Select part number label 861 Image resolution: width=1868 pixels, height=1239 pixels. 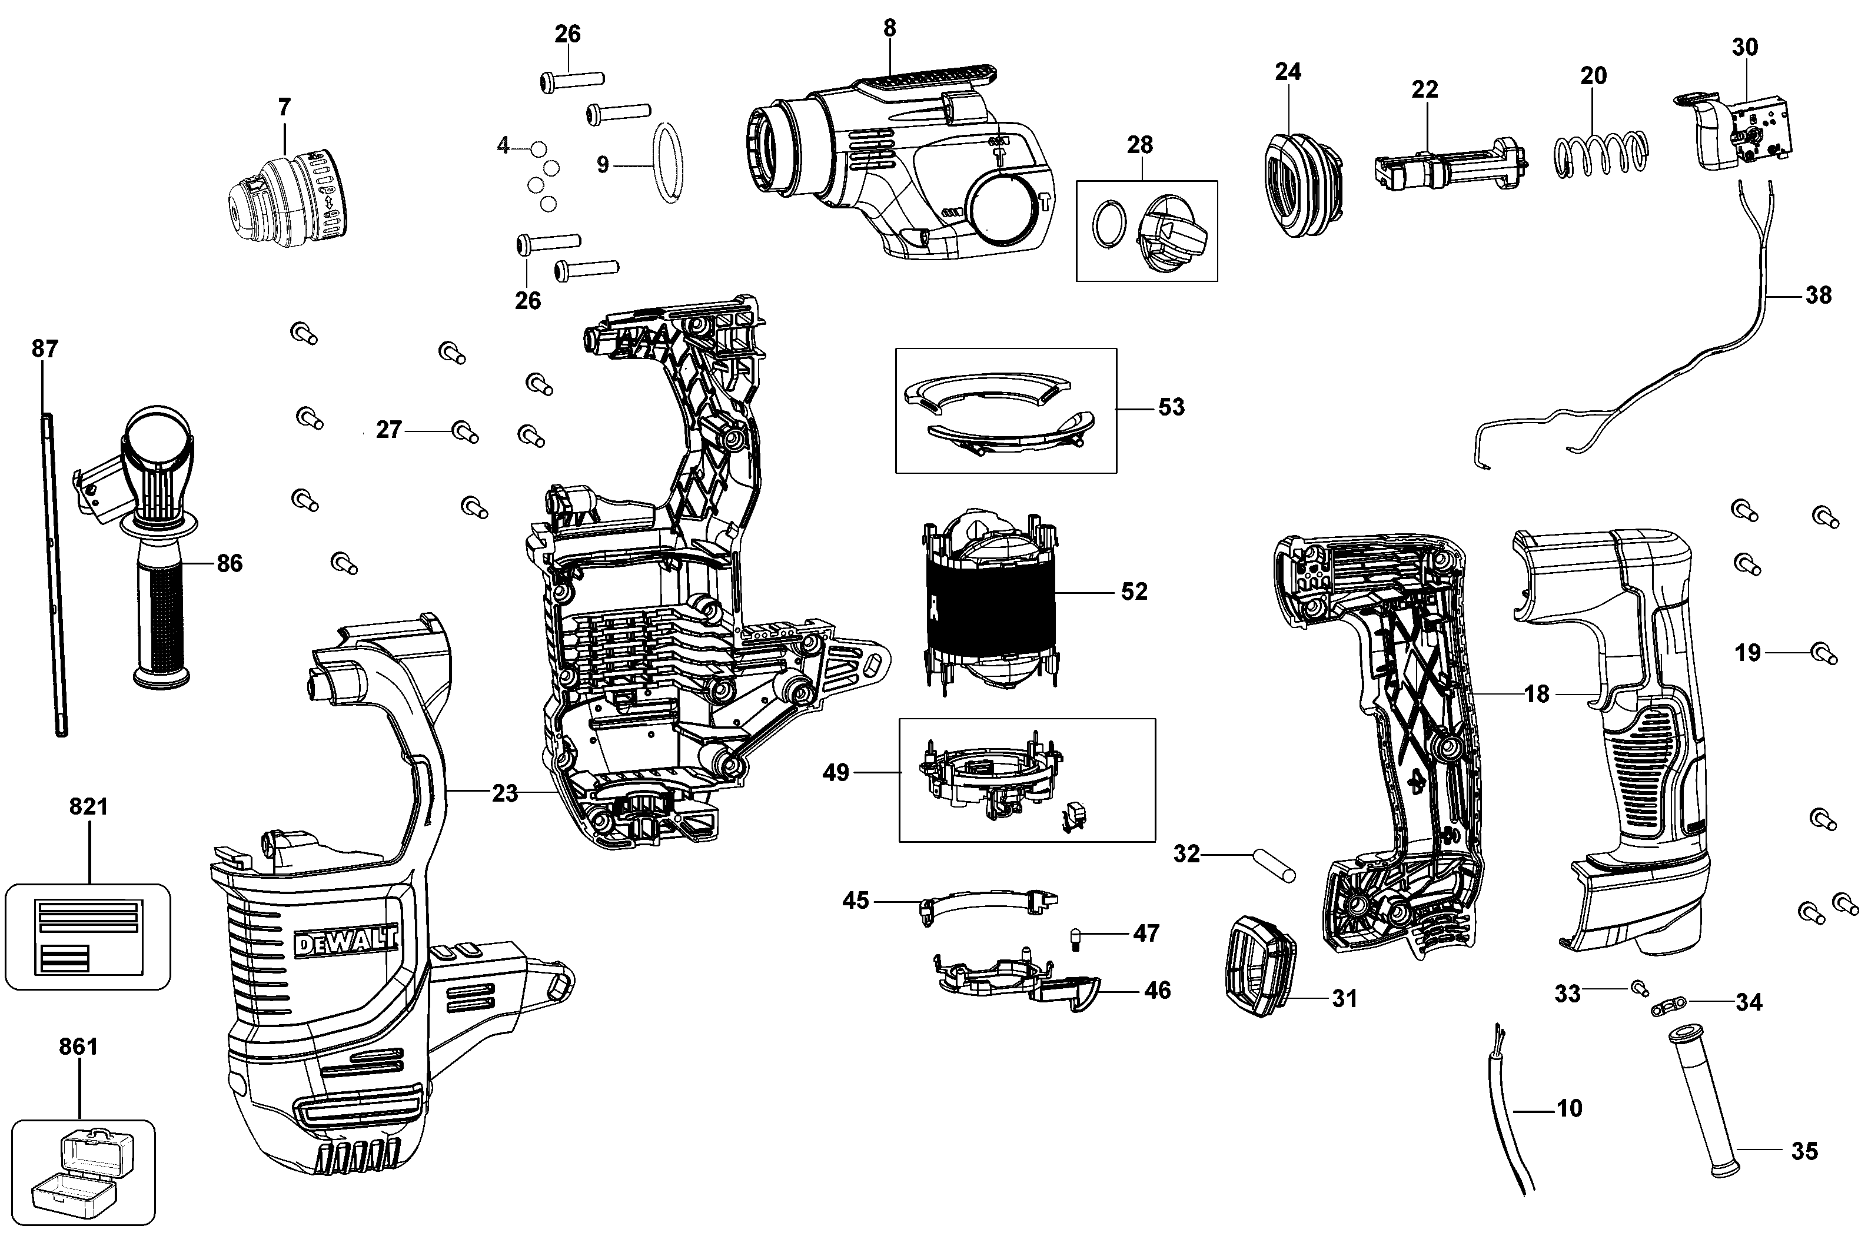click(79, 1047)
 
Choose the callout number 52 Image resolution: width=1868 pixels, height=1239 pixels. click(1134, 592)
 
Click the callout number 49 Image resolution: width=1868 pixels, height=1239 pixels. click(836, 772)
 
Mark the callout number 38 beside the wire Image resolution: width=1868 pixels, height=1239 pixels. click(1818, 295)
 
